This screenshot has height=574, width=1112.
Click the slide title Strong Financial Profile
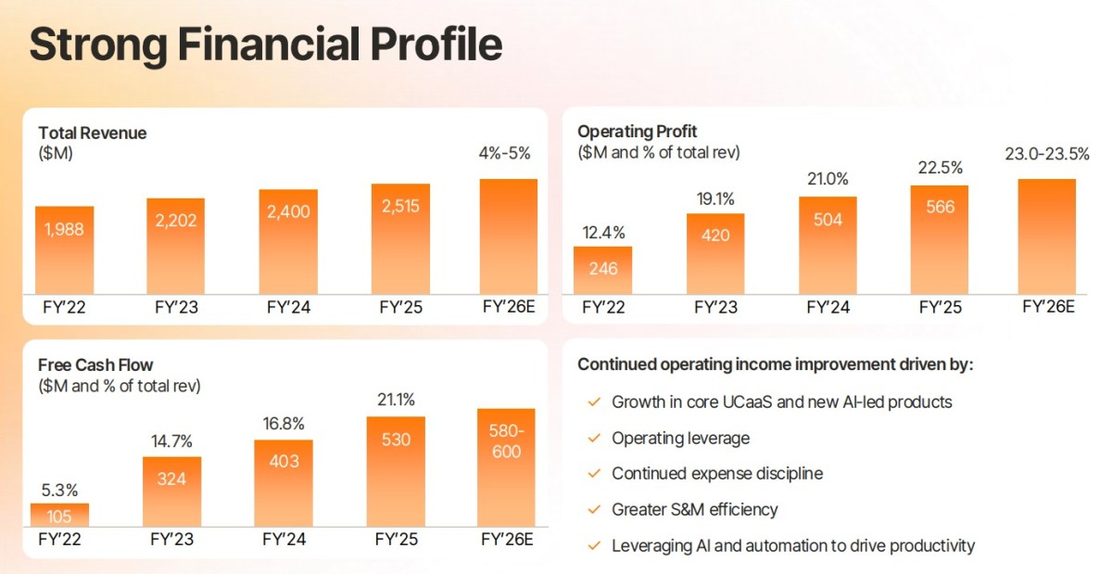(x=266, y=45)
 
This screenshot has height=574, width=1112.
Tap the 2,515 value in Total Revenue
(x=399, y=206)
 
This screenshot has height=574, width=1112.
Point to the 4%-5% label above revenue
(x=508, y=154)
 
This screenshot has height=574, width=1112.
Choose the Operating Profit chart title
(x=637, y=132)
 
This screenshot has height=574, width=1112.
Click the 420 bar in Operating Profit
(x=714, y=252)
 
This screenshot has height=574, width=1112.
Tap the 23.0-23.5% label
(x=1047, y=154)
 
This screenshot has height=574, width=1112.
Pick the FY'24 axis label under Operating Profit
(x=828, y=307)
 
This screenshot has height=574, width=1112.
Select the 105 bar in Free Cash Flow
(x=60, y=516)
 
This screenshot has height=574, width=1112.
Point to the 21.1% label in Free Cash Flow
(x=396, y=401)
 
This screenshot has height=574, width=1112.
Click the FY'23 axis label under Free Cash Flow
(x=172, y=539)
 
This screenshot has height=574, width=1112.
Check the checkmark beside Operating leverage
(x=594, y=438)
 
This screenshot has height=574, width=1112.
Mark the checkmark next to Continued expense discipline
(x=594, y=474)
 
